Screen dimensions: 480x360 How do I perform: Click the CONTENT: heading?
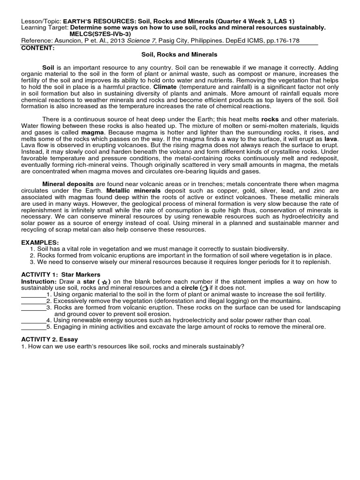click(x=38, y=48)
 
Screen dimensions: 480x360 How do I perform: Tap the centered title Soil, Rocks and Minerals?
click(x=180, y=55)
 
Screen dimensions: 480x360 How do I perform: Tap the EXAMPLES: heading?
click(x=40, y=241)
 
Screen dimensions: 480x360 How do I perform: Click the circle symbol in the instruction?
click(x=204, y=288)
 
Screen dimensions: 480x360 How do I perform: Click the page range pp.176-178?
click(x=300, y=41)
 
